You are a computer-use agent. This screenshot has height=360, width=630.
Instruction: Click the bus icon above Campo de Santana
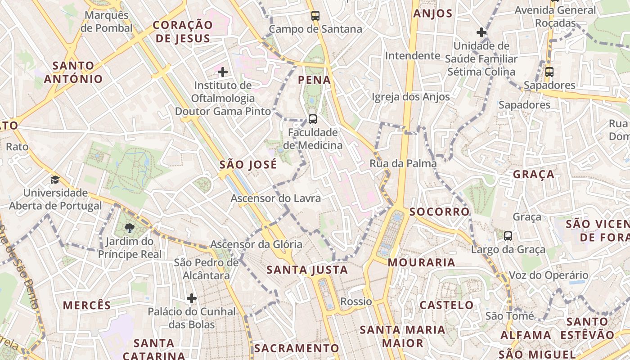pyautogui.click(x=315, y=16)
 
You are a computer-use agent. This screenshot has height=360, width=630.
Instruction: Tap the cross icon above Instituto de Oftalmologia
pyautogui.click(x=222, y=72)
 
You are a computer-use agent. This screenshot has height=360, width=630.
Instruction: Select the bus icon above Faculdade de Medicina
pyautogui.click(x=312, y=119)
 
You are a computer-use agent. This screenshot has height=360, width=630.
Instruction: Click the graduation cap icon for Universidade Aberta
pyautogui.click(x=55, y=180)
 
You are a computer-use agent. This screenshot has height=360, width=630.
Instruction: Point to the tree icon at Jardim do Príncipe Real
pyautogui.click(x=129, y=228)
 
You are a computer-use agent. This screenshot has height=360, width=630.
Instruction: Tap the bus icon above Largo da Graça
pyautogui.click(x=508, y=236)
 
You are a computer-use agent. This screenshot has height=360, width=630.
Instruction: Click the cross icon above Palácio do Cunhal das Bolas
pyautogui.click(x=192, y=298)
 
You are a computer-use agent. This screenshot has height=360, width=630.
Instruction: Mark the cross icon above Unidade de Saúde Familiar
pyautogui.click(x=481, y=32)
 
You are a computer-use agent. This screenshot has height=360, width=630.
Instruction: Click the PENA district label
pyautogui.click(x=315, y=81)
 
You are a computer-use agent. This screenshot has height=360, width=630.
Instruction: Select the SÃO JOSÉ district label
pyautogui.click(x=248, y=165)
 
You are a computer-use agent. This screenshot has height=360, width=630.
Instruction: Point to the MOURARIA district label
pyautogui.click(x=422, y=262)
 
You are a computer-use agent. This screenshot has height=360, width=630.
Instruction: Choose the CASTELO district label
pyautogui.click(x=446, y=305)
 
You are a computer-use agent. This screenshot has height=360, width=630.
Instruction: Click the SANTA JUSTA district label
pyautogui.click(x=307, y=270)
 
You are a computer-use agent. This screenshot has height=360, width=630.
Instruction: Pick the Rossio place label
pyautogui.click(x=356, y=301)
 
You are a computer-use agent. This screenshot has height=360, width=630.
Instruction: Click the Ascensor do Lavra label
pyautogui.click(x=276, y=198)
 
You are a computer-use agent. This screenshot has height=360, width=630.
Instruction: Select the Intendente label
pyautogui.click(x=412, y=56)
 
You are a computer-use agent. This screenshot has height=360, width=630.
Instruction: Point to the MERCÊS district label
pyautogui.click(x=87, y=305)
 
